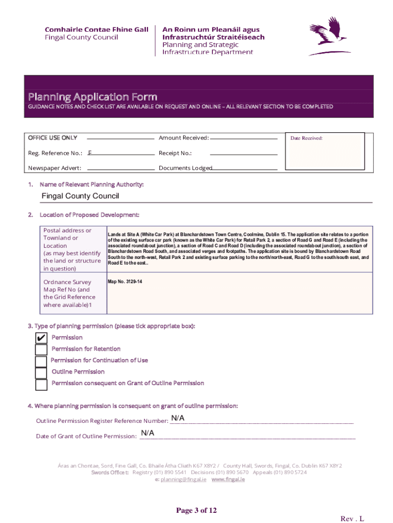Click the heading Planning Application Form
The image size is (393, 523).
[92, 97]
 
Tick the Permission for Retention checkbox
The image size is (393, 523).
[41, 350]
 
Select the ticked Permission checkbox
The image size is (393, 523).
[41, 338]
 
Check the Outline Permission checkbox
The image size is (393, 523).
[41, 373]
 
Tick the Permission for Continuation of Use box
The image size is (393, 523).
[41, 362]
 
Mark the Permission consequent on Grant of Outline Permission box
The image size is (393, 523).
[41, 384]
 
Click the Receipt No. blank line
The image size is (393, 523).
[243, 154]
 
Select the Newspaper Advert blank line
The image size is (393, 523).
[121, 169]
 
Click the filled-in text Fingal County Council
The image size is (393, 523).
[80, 196]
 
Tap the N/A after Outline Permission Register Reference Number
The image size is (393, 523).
[178, 418]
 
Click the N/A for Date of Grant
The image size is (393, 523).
[148, 433]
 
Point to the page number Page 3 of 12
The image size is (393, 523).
[196, 510]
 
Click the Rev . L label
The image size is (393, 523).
[352, 518]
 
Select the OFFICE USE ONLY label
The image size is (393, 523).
[53, 138]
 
